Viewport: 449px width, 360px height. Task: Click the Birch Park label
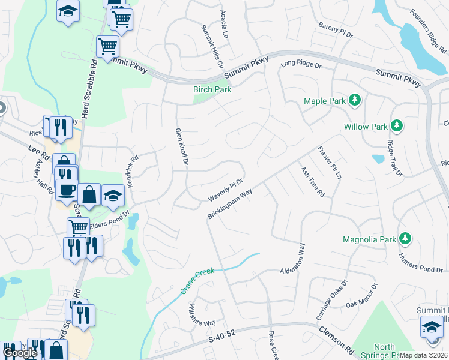pyautogui.click(x=212, y=89)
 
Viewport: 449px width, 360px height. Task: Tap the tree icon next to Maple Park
pyautogui.click(x=355, y=100)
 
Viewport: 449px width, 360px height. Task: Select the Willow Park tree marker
pyautogui.click(x=396, y=126)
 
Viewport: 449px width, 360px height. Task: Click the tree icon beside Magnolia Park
pyautogui.click(x=406, y=239)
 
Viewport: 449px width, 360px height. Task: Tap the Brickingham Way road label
pyautogui.click(x=229, y=205)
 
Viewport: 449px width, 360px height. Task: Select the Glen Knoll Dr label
pyautogui.click(x=180, y=148)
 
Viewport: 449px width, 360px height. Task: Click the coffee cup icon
pyautogui.click(x=66, y=189)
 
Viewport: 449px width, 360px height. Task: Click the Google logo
pyautogui.click(x=20, y=353)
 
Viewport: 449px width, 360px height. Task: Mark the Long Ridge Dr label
pyautogui.click(x=301, y=63)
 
